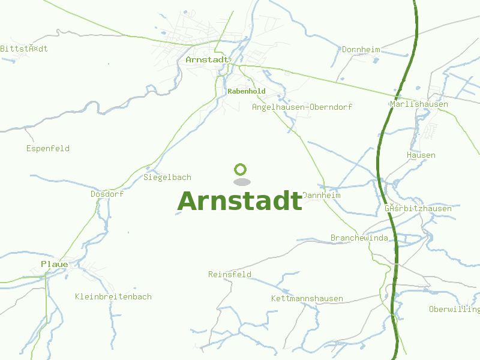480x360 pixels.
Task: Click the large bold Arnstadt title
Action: [x=240, y=201]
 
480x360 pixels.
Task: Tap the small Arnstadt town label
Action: [x=208, y=60]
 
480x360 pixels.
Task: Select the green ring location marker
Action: [x=241, y=169]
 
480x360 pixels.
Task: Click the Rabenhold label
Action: [x=247, y=91]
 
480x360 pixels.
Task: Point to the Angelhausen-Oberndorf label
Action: [x=302, y=107]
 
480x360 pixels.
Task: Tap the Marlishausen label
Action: [x=419, y=104]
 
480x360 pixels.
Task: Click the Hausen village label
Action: [x=421, y=155]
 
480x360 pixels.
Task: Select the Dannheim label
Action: [x=322, y=196]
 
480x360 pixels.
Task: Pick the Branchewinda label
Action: [x=359, y=238]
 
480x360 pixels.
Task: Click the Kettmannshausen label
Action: [x=307, y=298]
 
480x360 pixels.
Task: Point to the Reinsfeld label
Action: [x=230, y=274]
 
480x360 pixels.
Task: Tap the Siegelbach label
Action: [x=167, y=177]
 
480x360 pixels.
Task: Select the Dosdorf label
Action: [x=107, y=194]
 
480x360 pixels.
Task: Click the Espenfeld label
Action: [x=48, y=148]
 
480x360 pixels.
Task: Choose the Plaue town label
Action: [x=55, y=264]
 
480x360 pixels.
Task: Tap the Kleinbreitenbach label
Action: [x=113, y=296]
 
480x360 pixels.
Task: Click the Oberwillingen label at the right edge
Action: [x=454, y=309]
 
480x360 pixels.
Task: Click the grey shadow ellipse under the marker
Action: [x=241, y=181]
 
